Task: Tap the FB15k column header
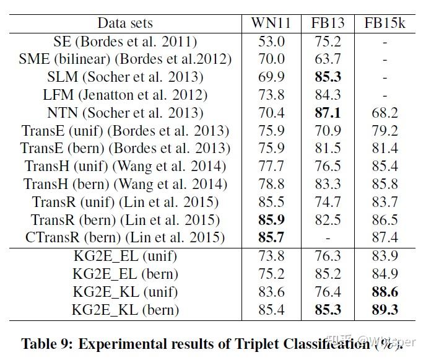pyautogui.click(x=385, y=24)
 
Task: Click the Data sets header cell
pyautogui.click(x=125, y=24)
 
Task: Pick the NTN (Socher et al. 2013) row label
pyautogui.click(x=125, y=113)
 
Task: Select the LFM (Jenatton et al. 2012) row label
pyautogui.click(x=125, y=95)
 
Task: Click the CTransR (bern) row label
pyautogui.click(x=125, y=238)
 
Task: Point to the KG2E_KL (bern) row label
pyautogui.click(x=125, y=310)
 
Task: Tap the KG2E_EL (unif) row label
pyautogui.click(x=125, y=256)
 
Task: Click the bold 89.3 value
pyautogui.click(x=385, y=310)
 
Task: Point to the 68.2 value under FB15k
pyautogui.click(x=385, y=113)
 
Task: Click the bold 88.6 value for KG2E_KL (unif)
pyautogui.click(x=385, y=292)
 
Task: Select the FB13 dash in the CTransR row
pyautogui.click(x=326, y=238)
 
